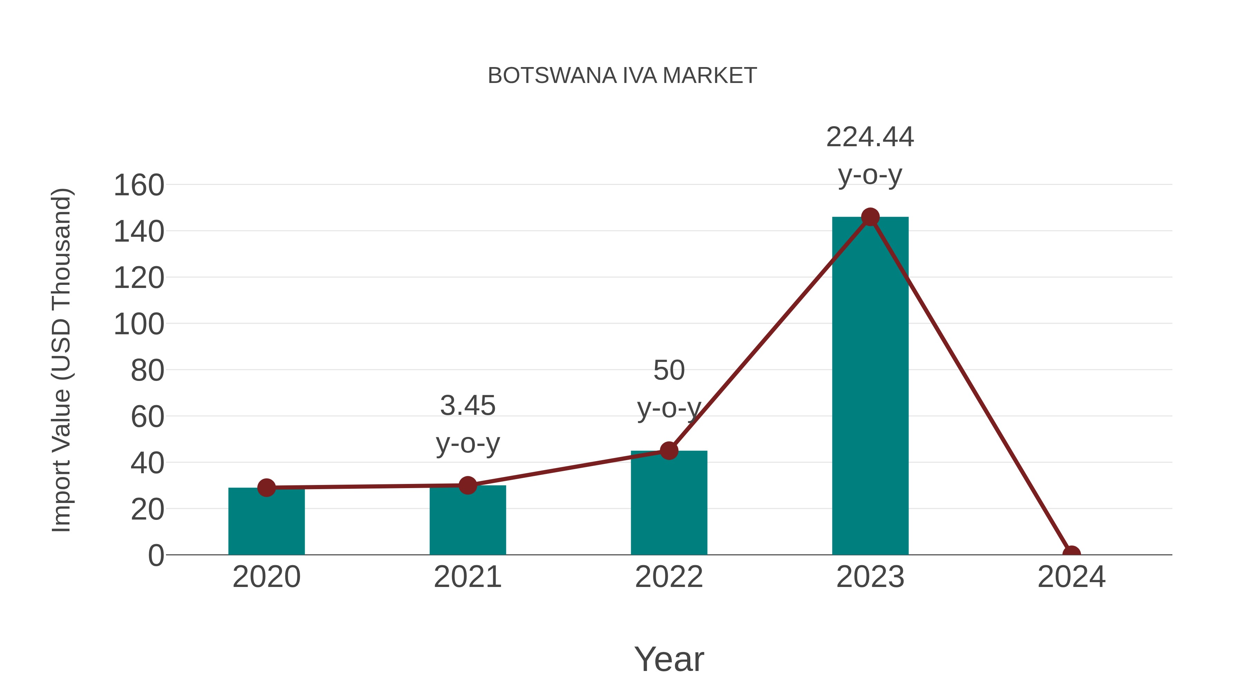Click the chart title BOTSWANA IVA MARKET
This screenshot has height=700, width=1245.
[x=622, y=76]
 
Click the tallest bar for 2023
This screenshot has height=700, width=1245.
[x=870, y=386]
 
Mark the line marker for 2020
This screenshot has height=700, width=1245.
[x=266, y=487]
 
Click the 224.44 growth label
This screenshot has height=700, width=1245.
[x=870, y=137]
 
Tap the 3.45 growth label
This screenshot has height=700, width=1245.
[x=467, y=406]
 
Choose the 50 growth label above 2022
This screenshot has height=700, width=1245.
[x=669, y=371]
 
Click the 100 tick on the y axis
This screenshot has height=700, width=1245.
[x=139, y=324]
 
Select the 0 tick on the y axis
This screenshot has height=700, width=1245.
[x=156, y=555]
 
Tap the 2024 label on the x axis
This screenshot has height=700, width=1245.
[x=1071, y=577]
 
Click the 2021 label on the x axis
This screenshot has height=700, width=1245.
[x=467, y=577]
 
